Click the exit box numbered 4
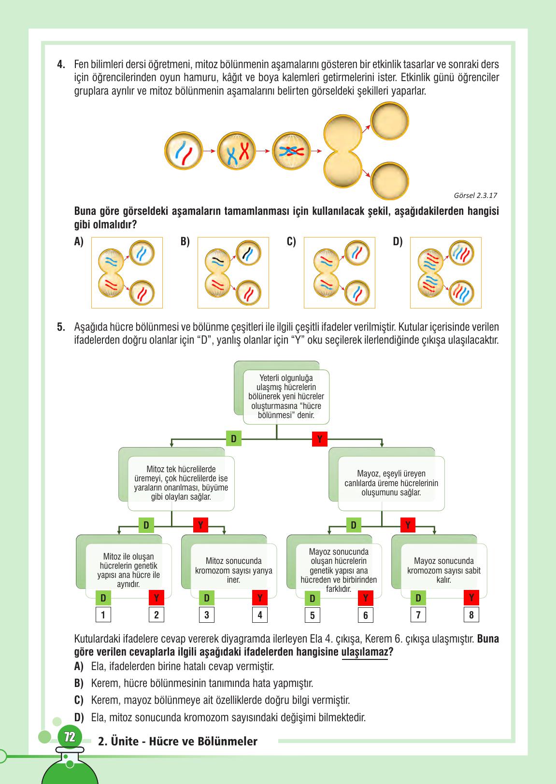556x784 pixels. [x=260, y=615]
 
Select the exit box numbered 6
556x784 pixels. [x=366, y=615]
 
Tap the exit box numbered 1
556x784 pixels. [x=103, y=615]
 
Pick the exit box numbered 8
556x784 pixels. [x=471, y=615]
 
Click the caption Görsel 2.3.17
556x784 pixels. [x=475, y=196]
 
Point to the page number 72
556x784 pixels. [x=70, y=737]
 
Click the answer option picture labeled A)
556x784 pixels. [x=127, y=273]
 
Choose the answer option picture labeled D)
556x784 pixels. [x=446, y=273]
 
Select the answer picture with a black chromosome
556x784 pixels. [x=233, y=273]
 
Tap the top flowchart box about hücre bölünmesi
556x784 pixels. [x=286, y=396]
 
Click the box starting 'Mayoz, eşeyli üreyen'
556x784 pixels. [x=391, y=483]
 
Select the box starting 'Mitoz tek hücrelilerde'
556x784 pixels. [x=181, y=483]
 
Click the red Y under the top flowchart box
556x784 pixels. [x=320, y=439]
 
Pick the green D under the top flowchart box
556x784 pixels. [x=233, y=438]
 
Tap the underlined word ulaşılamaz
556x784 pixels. [x=365, y=652]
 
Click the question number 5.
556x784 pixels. [x=61, y=327]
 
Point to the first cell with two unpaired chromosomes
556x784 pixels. [x=184, y=151]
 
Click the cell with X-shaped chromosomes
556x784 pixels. [x=237, y=151]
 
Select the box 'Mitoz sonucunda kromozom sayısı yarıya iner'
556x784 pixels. [x=233, y=571]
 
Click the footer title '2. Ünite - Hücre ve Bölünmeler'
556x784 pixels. [x=177, y=742]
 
